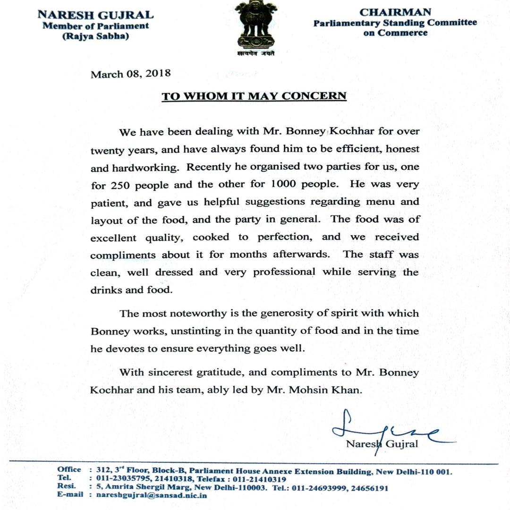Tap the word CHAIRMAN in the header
(x=395, y=12)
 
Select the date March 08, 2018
(x=131, y=74)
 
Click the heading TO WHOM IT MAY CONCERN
(x=254, y=96)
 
